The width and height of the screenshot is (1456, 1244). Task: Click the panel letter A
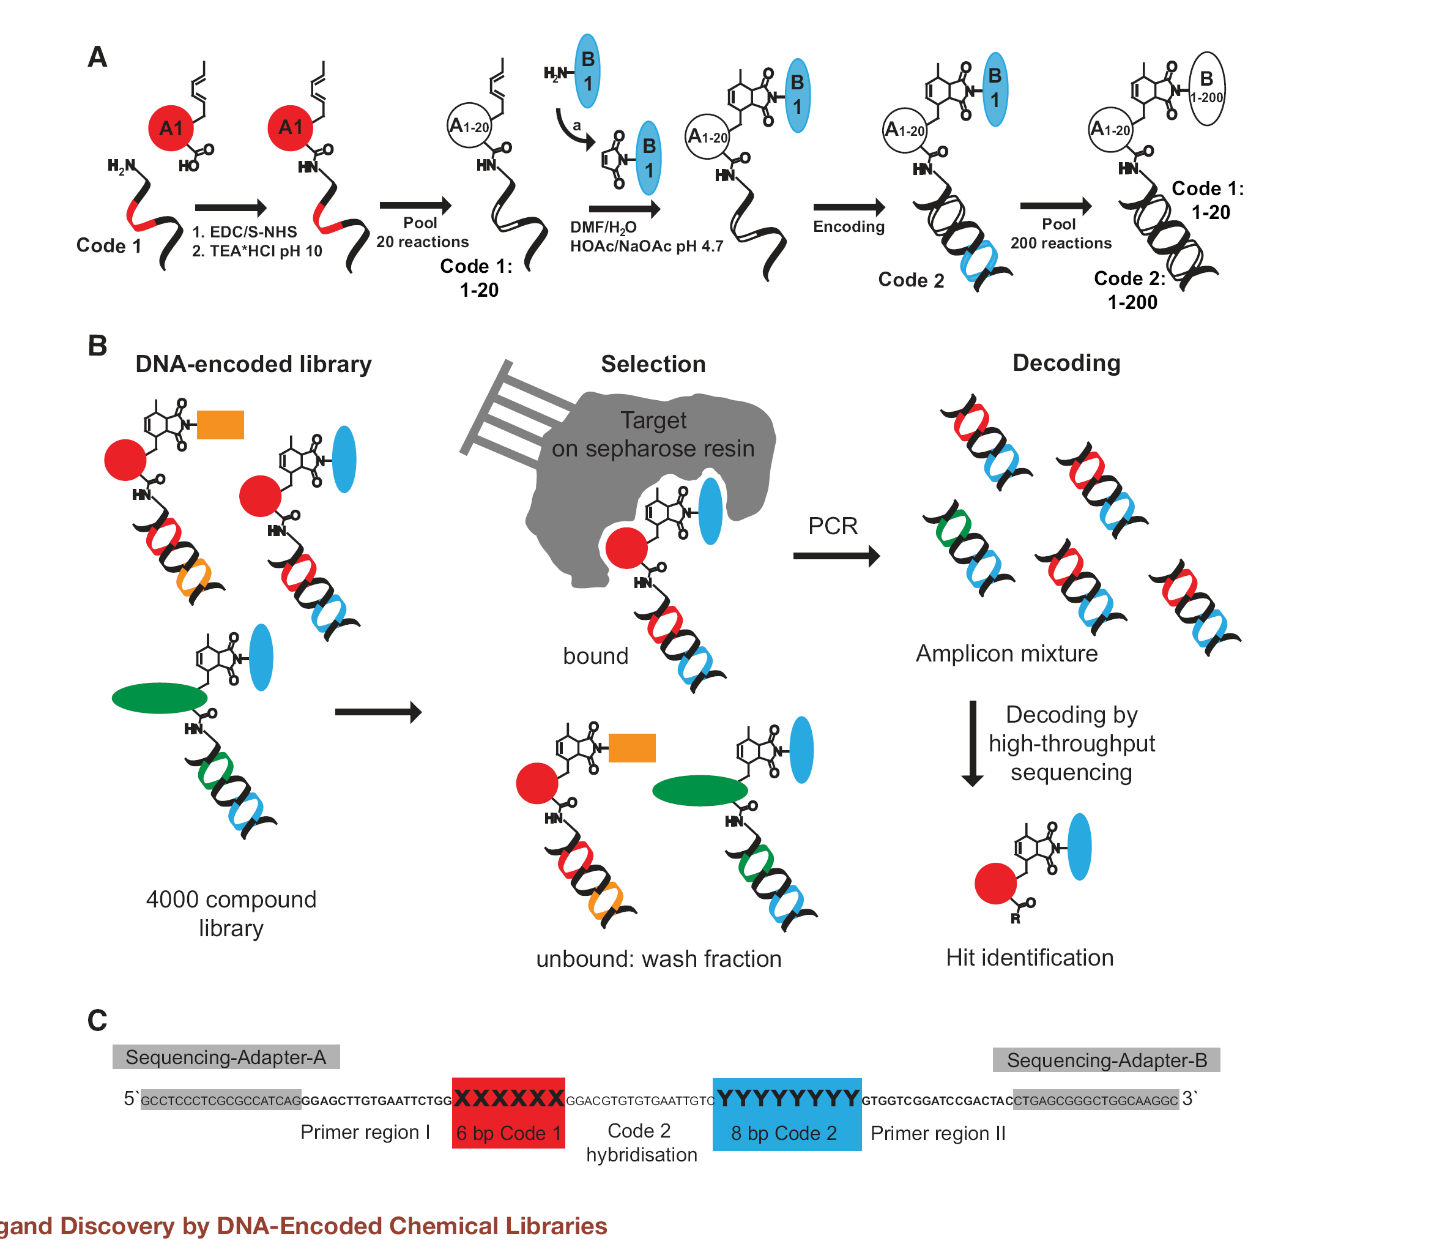pyautogui.click(x=98, y=56)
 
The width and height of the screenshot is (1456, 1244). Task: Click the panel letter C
pyautogui.click(x=97, y=1021)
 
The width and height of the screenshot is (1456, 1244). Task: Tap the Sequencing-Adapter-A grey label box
pyautogui.click(x=226, y=1057)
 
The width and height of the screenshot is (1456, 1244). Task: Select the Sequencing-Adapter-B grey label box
pyautogui.click(x=1106, y=1060)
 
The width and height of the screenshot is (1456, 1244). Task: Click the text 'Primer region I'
pyautogui.click(x=365, y=1132)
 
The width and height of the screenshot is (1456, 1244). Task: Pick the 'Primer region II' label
pyautogui.click(x=938, y=1133)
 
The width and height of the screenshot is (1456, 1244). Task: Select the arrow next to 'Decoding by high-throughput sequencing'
pyautogui.click(x=973, y=743)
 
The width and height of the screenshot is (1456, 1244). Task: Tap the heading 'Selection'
pyautogui.click(x=653, y=364)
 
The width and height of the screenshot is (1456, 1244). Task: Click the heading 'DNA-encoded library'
pyautogui.click(x=253, y=364)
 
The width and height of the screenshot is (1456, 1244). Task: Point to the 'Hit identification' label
pyautogui.click(x=1030, y=957)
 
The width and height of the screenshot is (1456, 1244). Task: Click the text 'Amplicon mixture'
pyautogui.click(x=1006, y=654)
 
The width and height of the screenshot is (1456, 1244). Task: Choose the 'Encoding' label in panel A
pyautogui.click(x=848, y=226)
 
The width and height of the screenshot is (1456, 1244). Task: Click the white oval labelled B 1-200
pyautogui.click(x=1206, y=89)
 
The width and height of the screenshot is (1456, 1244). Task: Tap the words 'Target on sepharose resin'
pyautogui.click(x=653, y=434)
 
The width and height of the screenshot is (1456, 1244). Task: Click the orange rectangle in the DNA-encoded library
pyautogui.click(x=220, y=425)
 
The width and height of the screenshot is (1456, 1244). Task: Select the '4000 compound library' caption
pyautogui.click(x=231, y=914)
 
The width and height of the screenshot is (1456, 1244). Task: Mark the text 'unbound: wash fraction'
pyautogui.click(x=658, y=959)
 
